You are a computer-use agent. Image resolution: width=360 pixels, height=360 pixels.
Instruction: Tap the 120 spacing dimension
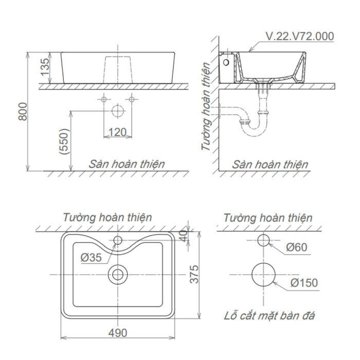click(118, 132)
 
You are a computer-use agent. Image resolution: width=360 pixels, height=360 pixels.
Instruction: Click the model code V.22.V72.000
click(300, 36)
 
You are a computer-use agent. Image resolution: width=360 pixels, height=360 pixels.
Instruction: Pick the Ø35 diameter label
click(91, 257)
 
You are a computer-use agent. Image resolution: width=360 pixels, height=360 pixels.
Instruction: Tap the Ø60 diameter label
click(297, 247)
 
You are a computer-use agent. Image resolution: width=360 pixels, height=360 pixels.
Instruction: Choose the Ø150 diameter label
click(303, 282)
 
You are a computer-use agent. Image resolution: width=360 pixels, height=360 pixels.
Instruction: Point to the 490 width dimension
click(118, 333)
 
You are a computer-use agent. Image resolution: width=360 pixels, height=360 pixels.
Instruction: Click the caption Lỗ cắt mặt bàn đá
click(269, 316)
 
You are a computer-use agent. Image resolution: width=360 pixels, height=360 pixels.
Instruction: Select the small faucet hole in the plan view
click(118, 240)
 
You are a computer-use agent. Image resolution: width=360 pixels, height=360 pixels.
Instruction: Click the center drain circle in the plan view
click(118, 274)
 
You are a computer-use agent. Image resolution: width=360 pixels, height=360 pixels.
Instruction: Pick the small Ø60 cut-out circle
click(263, 240)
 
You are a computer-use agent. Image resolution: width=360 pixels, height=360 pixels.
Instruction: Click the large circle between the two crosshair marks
click(118, 110)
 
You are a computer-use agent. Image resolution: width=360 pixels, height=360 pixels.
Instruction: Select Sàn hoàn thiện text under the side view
click(269, 165)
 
